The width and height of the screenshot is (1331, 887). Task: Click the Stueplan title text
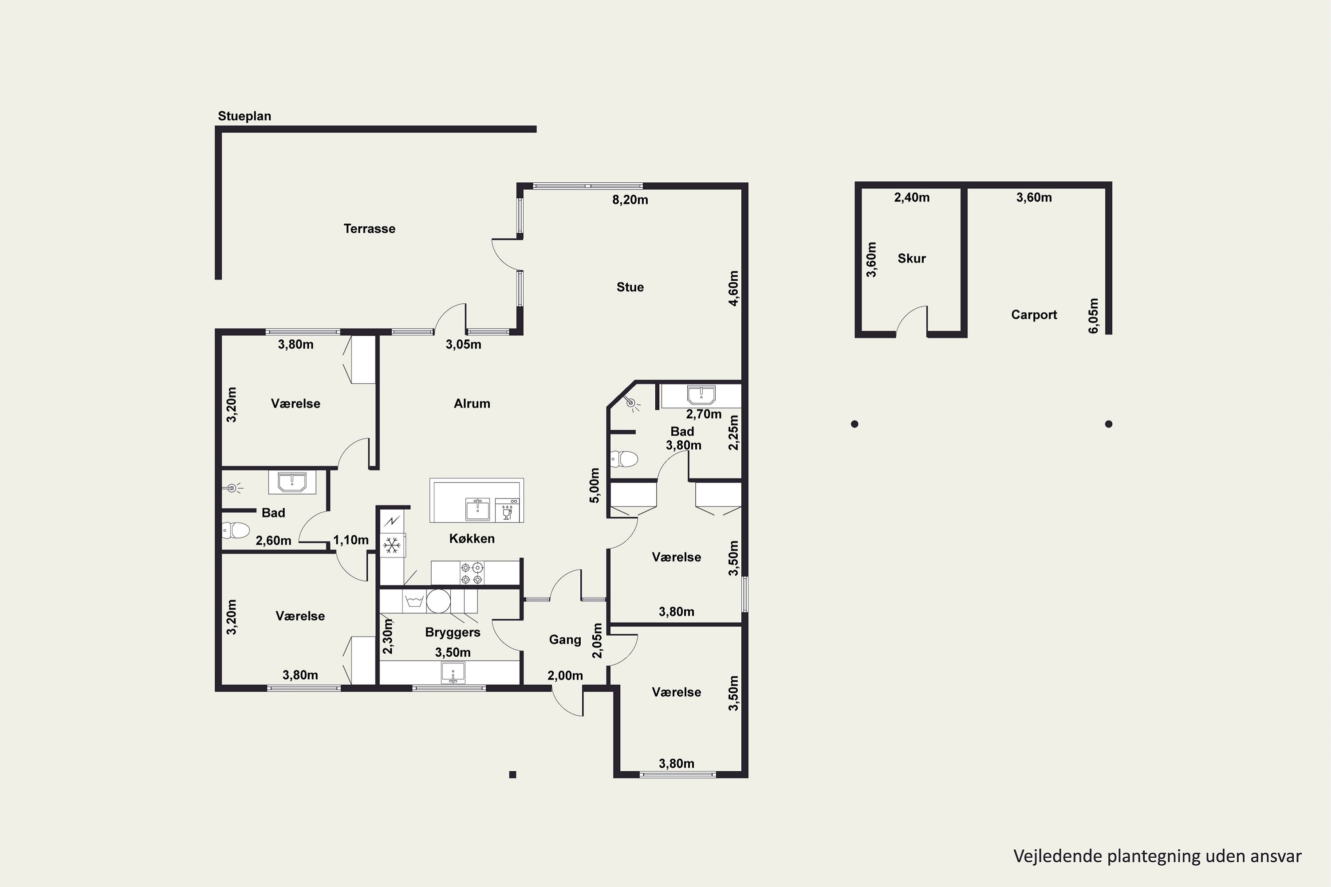click(244, 116)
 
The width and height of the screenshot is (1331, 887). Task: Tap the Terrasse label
click(370, 228)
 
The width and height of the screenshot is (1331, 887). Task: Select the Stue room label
click(630, 287)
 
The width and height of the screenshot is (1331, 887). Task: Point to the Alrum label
click(472, 403)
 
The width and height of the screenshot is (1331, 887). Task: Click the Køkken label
click(472, 538)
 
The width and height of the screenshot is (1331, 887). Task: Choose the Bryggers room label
click(453, 632)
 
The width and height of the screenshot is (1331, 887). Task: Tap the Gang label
click(565, 640)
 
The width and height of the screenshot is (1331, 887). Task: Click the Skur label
click(912, 259)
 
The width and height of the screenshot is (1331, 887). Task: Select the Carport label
click(1034, 314)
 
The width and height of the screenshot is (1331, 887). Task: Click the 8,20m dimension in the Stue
click(630, 200)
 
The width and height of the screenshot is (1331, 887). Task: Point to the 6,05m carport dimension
click(1093, 316)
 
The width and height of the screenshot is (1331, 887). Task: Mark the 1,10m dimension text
click(351, 540)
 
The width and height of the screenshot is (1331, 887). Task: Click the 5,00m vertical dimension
click(594, 485)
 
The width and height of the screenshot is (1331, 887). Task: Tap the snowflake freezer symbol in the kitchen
click(392, 546)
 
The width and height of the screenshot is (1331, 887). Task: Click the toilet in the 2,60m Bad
click(236, 530)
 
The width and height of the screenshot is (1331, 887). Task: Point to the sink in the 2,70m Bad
click(701, 394)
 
